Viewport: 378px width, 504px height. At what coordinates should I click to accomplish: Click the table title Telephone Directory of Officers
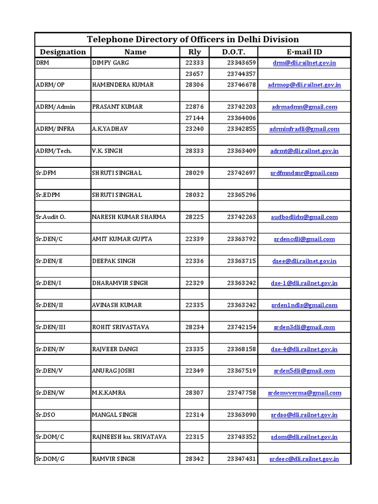coord(192,39)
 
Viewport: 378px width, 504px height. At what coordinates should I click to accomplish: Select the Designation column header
coord(63,52)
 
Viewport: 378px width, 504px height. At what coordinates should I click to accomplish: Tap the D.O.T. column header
coord(233,52)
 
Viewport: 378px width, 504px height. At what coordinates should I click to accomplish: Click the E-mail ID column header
coord(304,52)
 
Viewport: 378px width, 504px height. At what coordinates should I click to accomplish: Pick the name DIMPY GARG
coord(111,63)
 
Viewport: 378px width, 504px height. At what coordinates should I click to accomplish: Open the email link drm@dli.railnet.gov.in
coord(304,63)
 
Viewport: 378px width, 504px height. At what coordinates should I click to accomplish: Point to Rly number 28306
coord(195,85)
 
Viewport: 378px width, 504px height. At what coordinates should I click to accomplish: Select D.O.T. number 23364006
coord(242,118)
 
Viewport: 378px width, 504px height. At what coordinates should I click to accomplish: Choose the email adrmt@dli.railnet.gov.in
coord(304,151)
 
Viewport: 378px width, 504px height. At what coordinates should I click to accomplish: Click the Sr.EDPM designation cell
coord(47,195)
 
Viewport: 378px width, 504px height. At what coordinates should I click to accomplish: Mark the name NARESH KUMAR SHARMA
coord(129,217)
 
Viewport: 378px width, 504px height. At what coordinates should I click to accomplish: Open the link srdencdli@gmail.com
coord(304,239)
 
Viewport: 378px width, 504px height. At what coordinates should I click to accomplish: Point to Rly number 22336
coord(195,261)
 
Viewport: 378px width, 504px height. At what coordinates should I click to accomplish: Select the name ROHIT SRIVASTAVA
coord(121,327)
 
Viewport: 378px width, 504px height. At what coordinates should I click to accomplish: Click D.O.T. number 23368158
coord(242,349)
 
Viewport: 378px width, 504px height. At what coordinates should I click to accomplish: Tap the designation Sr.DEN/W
coord(50,393)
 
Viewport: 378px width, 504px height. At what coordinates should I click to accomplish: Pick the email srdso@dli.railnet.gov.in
coord(304,415)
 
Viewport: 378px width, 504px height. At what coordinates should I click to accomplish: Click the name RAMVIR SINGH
coord(114,459)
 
